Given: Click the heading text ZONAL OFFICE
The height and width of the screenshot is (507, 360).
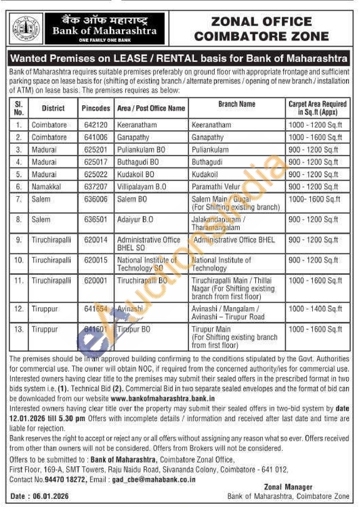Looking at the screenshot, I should pos(261,22).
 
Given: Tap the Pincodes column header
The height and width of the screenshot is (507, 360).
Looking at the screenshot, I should pos(96,108).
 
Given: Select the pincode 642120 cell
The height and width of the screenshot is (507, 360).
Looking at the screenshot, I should pos(96,125).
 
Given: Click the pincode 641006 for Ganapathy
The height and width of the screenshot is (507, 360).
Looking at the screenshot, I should pos(96,137).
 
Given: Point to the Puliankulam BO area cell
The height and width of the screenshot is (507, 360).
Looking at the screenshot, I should pos(141,150).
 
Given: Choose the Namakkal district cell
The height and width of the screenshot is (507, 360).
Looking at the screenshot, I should pos(46,187).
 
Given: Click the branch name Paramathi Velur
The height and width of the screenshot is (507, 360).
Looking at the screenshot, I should pos(216,187).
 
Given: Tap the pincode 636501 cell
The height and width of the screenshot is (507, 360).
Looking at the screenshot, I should pos(96,220).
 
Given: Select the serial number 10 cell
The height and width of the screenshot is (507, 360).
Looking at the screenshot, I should pos(19,260).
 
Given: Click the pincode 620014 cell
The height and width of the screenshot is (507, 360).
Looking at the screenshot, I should pos(96,240).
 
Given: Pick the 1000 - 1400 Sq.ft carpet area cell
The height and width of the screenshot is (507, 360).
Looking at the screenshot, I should pos(315,309).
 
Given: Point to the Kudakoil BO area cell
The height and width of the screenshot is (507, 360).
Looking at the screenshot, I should pos(136,174).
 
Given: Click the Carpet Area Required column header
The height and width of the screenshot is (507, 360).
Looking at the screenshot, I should pos(317,108).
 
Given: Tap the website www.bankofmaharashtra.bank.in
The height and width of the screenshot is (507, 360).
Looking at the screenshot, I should pos(163,398).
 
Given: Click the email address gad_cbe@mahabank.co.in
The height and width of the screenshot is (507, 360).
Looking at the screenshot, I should pos(154,479).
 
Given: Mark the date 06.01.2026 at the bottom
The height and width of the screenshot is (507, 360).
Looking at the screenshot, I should pos(51,496).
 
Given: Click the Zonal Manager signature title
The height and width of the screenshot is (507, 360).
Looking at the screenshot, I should pos(288,487).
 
